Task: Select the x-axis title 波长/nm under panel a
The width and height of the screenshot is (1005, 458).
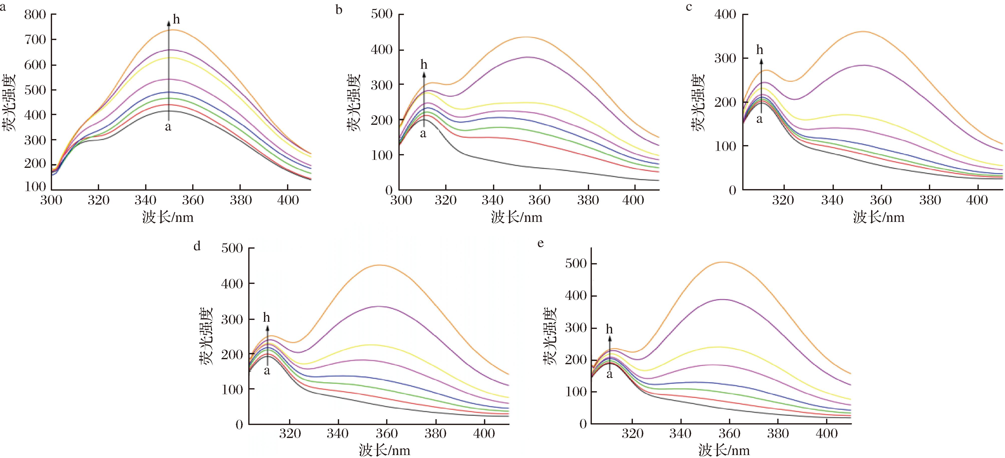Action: coord(168,217)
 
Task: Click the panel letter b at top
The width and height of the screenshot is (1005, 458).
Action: coord(339,9)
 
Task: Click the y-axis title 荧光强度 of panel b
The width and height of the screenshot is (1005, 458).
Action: coord(353,102)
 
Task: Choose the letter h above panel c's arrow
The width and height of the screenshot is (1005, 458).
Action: coord(760,50)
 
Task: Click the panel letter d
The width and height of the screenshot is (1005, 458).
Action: coord(197,246)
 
